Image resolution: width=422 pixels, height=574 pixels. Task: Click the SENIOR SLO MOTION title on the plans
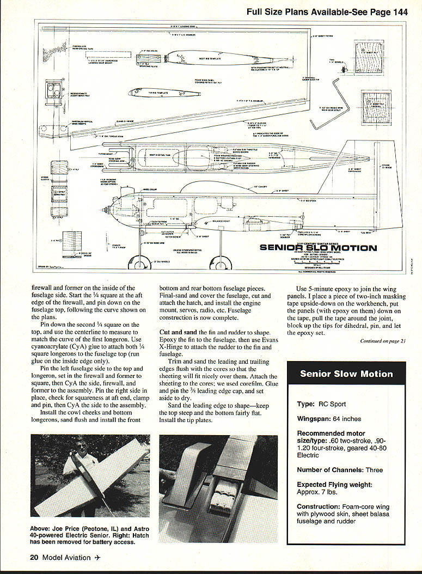(x=318, y=248)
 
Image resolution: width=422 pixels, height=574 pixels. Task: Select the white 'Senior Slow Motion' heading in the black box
(x=346, y=374)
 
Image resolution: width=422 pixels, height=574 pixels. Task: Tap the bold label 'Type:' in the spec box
(x=306, y=404)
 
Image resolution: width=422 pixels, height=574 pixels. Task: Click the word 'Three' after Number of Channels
(x=374, y=470)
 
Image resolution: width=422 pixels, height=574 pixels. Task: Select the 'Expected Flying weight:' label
(x=334, y=484)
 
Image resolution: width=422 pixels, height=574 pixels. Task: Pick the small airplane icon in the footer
(x=97, y=557)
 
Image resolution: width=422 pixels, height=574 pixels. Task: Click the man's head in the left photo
(x=82, y=445)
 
